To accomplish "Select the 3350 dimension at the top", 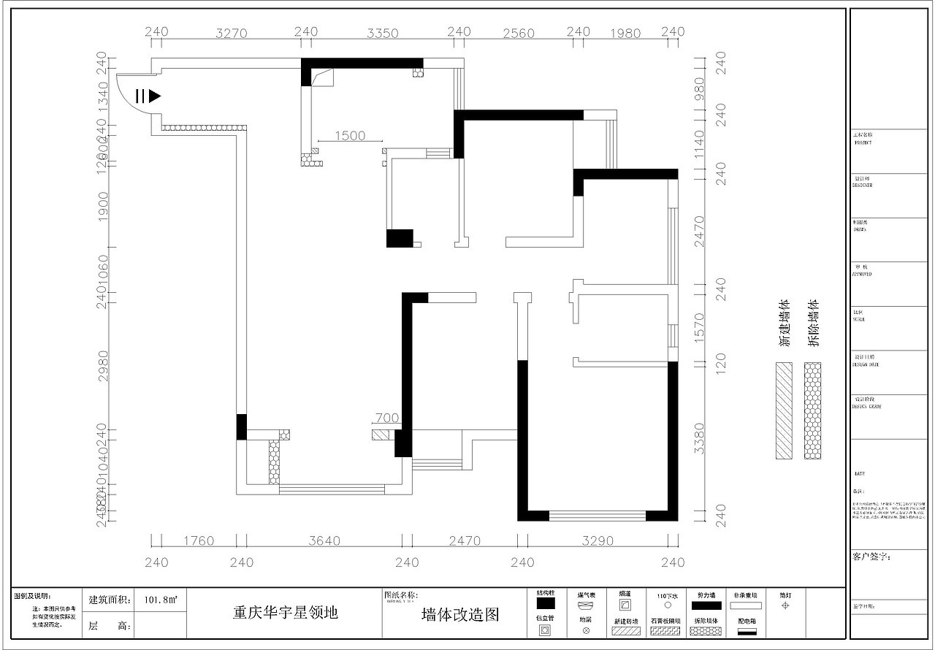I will pos(382,33).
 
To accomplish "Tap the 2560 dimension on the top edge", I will pos(519,33).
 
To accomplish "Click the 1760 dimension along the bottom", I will pos(199,541).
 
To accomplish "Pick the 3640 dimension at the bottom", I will pos(324,541).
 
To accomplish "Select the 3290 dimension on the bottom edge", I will pos(598,541).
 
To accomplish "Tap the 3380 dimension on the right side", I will pos(699,438).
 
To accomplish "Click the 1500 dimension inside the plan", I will pos(351,136).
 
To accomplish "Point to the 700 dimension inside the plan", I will pos(386,418).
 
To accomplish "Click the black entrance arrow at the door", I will pos(154,96).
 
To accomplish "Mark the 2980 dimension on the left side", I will pos(103,365).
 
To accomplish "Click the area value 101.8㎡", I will pos(160,600).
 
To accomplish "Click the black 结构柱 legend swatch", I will pos(546,604).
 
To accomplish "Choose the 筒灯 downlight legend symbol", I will pos(785,605).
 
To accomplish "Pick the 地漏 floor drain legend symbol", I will pos(586,629).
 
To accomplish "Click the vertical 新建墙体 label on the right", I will pos(785,322).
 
